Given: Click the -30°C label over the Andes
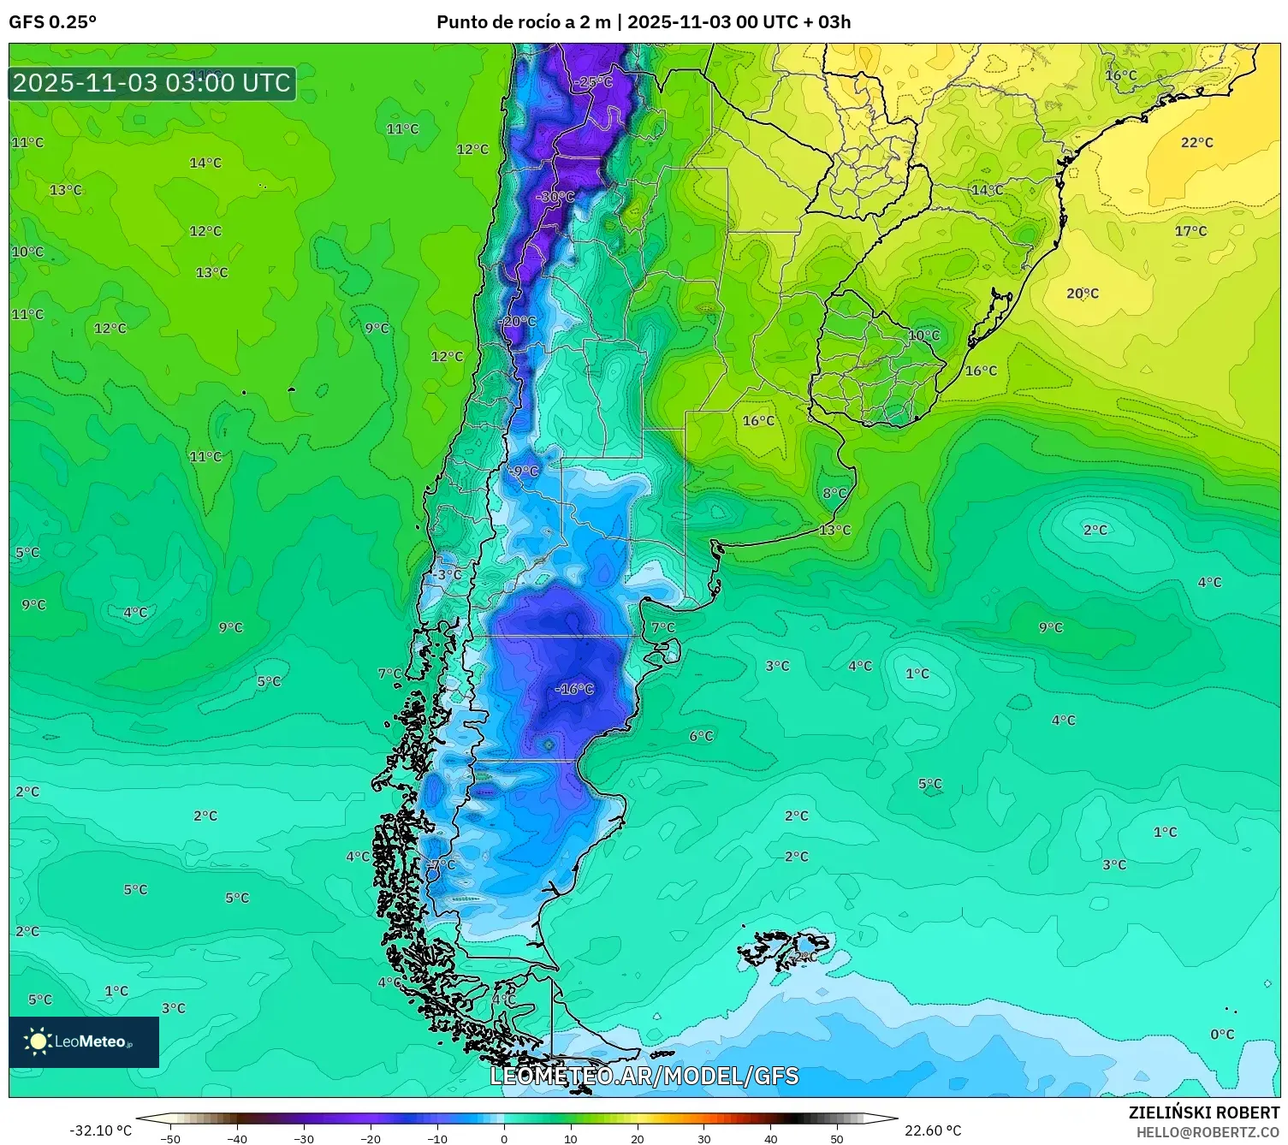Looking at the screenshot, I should point(555,197).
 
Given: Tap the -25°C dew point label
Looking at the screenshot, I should point(595,82).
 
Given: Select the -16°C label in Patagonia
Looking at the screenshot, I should point(573,689).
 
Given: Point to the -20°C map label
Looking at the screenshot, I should point(517,322).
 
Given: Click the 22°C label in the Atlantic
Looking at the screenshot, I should point(1196,143).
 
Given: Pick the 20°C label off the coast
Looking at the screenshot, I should point(1082,294).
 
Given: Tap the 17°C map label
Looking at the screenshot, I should point(1190,231).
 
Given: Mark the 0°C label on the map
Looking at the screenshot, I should point(1222,1035).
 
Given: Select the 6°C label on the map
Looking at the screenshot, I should point(701,736).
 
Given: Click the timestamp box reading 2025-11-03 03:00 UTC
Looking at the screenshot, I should point(152,83).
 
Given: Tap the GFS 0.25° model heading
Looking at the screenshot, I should point(52,22).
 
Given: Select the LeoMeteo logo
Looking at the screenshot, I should point(84,1041).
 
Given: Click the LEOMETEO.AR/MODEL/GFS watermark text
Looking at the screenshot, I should point(644,1076).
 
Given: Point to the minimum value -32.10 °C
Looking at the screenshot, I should point(100,1130).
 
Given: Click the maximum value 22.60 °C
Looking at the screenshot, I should point(933,1130).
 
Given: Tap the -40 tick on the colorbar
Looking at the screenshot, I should point(237,1139).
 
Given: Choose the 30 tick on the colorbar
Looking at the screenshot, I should point(703,1139).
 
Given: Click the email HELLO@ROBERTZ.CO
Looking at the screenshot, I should point(1208,1132).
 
